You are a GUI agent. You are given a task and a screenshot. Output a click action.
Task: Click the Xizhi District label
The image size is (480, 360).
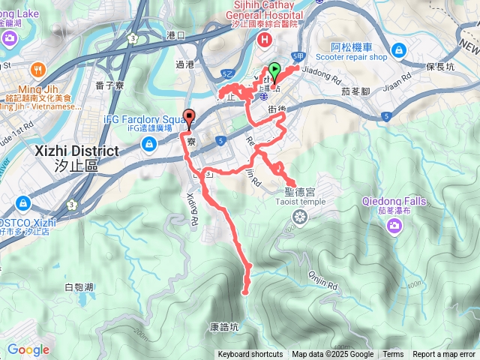pos(77,151)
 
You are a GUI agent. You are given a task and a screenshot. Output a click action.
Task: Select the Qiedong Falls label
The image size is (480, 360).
pos(394,201)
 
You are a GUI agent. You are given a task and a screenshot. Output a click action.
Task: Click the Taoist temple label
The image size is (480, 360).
pos(299,201)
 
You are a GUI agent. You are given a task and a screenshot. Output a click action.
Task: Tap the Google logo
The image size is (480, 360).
pos(28,349)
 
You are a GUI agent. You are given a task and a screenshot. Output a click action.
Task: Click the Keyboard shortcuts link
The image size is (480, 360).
pos(250,355)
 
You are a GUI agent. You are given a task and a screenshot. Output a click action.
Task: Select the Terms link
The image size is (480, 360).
pos(393,355)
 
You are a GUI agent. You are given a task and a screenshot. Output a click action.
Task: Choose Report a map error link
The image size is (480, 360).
pos(444,355)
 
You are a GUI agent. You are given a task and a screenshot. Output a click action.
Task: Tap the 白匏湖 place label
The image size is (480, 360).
pos(79,287)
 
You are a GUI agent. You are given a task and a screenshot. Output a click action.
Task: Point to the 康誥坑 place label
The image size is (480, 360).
pos(224,327)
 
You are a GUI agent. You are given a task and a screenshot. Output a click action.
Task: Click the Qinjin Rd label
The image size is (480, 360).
pos(322,282)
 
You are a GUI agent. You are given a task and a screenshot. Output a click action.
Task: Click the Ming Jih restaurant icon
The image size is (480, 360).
pos(15,70)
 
